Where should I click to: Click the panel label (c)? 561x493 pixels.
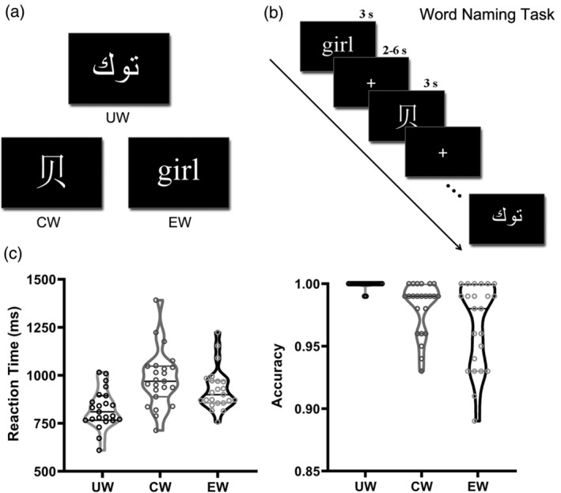[x=17, y=255]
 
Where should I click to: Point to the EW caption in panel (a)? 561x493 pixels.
[x=178, y=223]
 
